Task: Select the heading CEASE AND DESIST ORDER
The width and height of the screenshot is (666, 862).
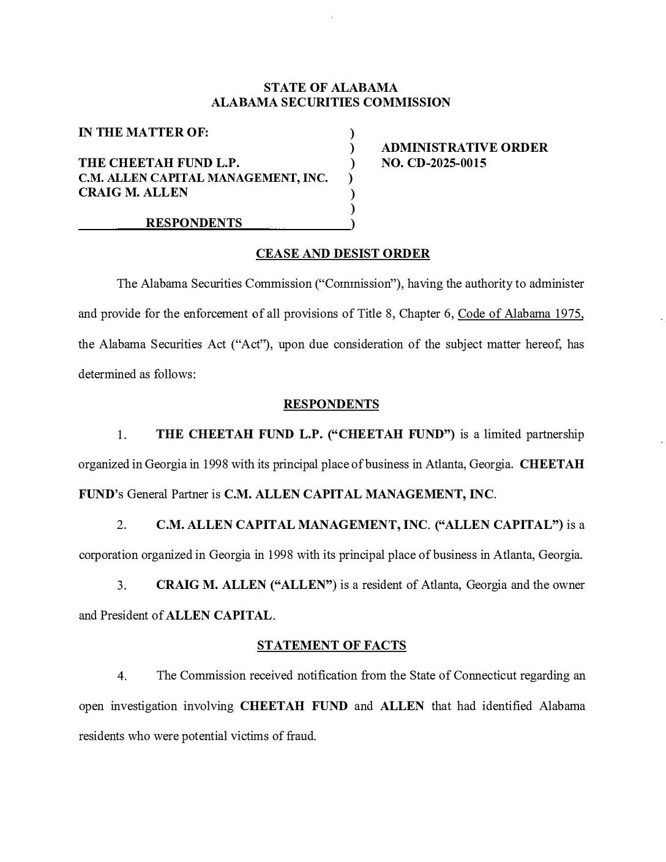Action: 343,253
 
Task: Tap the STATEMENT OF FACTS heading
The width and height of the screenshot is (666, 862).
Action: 332,645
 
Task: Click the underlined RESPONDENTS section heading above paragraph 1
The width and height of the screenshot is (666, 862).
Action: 331,404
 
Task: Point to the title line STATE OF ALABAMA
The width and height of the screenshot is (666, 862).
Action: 331,88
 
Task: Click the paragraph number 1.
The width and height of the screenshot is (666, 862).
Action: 122,435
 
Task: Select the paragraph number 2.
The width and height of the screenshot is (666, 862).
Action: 122,525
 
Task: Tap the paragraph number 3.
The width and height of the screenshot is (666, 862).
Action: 122,585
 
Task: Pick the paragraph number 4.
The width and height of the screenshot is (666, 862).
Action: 122,676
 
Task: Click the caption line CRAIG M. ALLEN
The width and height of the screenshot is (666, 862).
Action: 133,192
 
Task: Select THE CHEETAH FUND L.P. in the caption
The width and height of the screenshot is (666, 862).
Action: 159,163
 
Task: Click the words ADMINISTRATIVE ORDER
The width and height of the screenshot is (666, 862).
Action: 465,148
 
